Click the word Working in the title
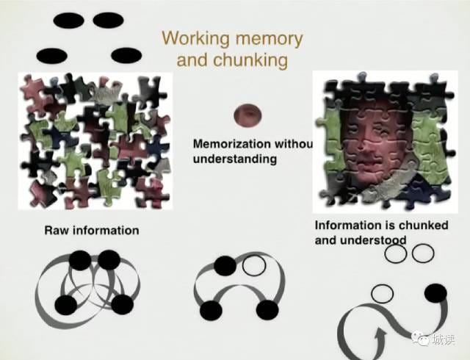[x=191, y=38]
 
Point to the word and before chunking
[x=192, y=60]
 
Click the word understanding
[x=235, y=158]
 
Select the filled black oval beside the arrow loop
[x=435, y=294]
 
